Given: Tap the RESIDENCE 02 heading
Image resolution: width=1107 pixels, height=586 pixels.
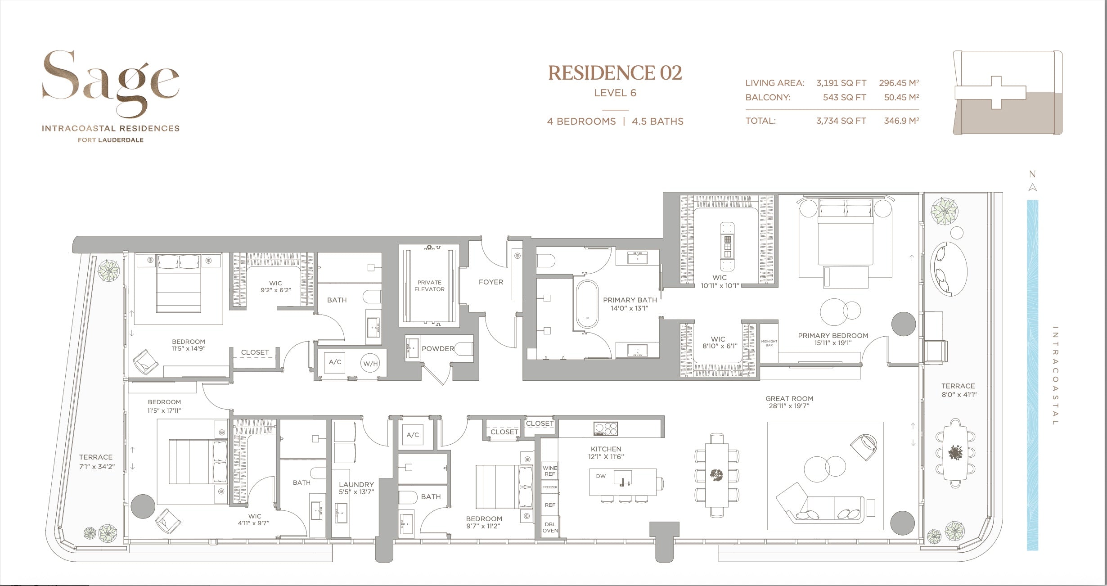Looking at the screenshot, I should click(615, 73).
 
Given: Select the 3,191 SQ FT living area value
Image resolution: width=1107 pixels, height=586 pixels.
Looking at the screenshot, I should click(841, 83).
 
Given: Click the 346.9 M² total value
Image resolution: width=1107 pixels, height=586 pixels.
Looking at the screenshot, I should click(901, 121).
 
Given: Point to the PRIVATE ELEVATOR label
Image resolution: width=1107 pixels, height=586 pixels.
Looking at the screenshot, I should click(429, 286).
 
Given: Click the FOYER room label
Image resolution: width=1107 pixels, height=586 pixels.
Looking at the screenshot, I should click(490, 282).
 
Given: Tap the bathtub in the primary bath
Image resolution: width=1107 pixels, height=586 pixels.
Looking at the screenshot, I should click(587, 304).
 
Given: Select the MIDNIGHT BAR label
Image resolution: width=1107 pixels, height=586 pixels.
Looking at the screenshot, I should click(769, 343).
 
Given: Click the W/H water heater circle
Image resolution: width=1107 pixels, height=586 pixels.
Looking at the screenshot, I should click(370, 364).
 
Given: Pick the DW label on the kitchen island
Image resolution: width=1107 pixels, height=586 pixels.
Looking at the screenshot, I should click(601, 476).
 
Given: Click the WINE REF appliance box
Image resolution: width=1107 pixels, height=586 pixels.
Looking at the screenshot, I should click(549, 471).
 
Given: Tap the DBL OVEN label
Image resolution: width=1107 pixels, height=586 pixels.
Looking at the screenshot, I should click(550, 527).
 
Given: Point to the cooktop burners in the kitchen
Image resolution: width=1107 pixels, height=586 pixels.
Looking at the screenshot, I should click(606, 428).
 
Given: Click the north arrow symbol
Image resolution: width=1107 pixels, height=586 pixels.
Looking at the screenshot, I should click(1032, 187).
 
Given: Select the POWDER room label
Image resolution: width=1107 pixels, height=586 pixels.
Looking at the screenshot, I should click(437, 349).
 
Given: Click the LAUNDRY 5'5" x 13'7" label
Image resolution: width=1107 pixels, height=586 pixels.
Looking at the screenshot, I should click(356, 488).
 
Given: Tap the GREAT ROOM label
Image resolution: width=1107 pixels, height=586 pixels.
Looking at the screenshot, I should click(789, 402).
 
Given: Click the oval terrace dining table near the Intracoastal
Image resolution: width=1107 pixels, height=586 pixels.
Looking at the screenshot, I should click(955, 453).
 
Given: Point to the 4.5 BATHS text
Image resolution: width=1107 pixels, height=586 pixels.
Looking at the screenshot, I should click(657, 122).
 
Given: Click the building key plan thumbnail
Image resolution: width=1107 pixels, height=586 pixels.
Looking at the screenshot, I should click(1008, 93).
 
